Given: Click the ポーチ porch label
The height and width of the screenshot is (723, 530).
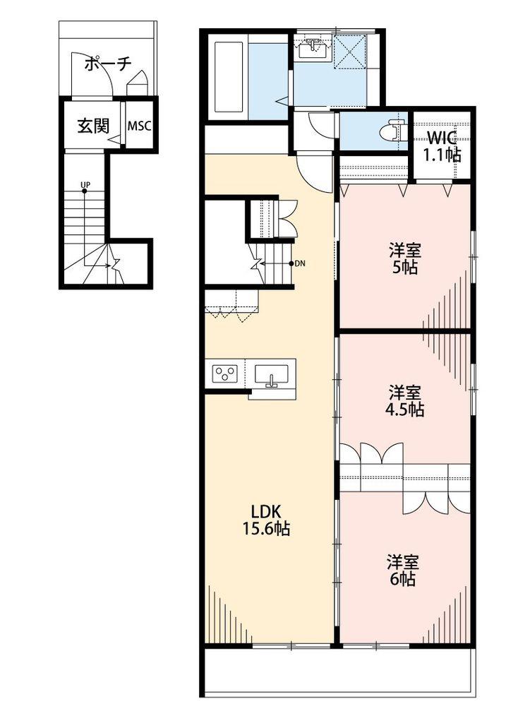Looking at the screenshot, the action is click(x=108, y=64).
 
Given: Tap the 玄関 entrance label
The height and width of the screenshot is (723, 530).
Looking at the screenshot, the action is click(x=93, y=126).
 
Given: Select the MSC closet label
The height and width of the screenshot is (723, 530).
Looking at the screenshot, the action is click(x=139, y=126).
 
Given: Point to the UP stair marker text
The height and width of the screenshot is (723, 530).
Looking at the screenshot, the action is click(x=85, y=185).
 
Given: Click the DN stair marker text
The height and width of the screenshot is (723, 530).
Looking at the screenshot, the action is click(x=300, y=264).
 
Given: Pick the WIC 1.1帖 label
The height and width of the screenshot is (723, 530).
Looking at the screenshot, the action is click(x=442, y=146).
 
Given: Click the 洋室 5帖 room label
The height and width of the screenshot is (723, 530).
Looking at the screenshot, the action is click(x=404, y=259).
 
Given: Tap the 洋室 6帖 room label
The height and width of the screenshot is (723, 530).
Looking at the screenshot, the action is click(x=403, y=570).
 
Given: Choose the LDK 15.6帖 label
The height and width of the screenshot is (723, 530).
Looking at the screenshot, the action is click(x=266, y=520).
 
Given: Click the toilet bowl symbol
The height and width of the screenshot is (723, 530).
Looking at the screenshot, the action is click(x=391, y=131).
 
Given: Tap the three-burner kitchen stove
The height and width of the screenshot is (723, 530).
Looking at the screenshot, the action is click(x=225, y=373).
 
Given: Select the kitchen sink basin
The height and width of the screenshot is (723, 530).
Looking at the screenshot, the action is click(x=272, y=374).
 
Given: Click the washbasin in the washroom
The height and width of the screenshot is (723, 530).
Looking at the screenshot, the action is click(x=314, y=49).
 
